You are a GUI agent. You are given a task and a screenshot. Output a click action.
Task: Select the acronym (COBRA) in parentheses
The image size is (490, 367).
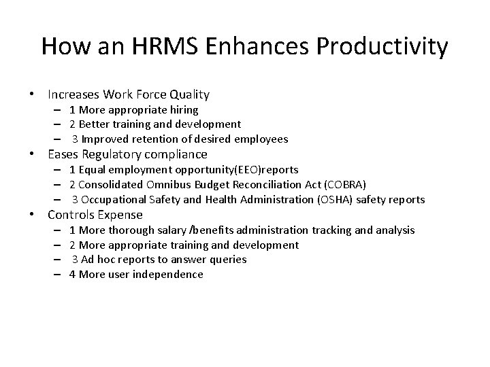pos(346,184)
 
